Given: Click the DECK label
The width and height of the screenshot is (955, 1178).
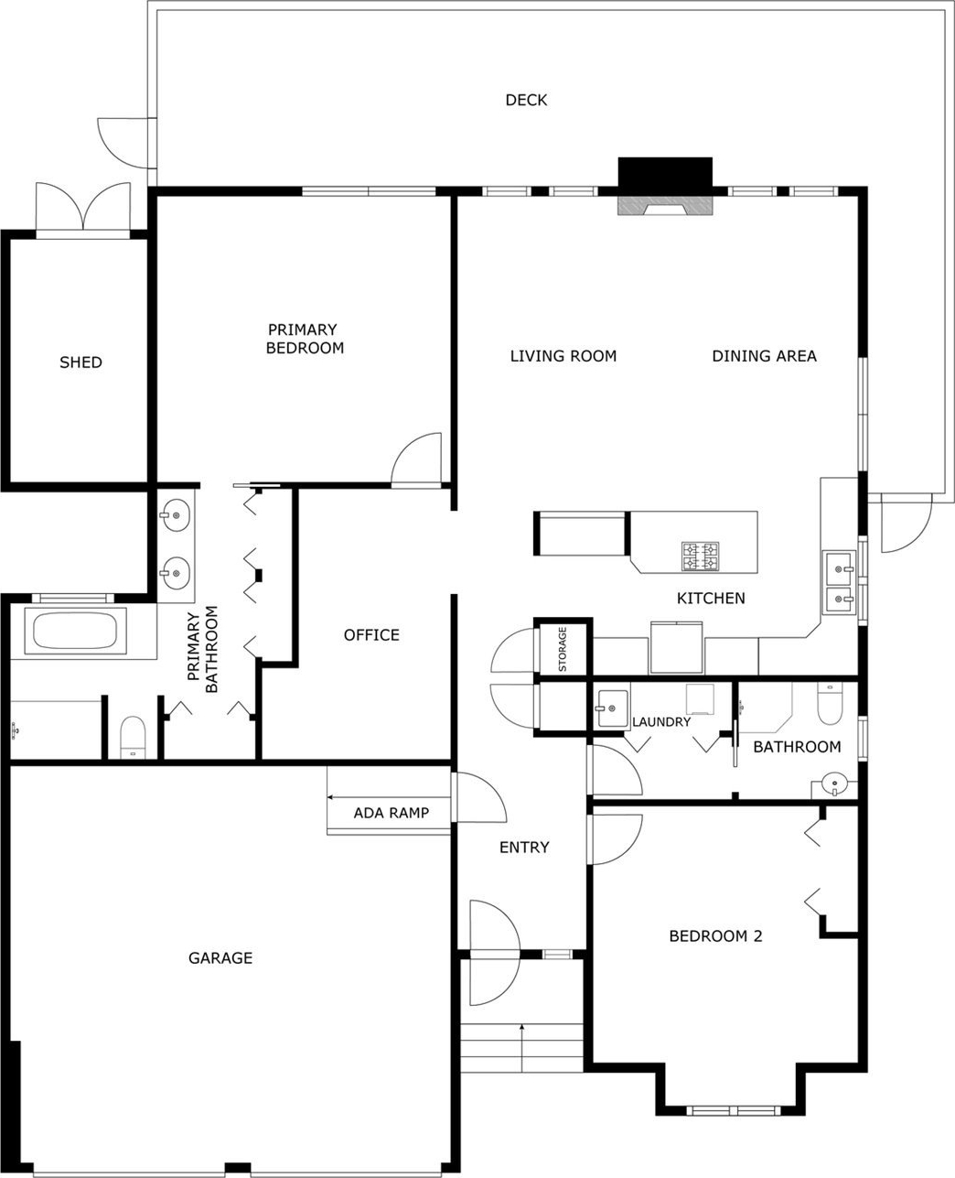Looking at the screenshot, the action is [526, 100].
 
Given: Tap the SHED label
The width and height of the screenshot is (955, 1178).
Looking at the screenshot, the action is [80, 362].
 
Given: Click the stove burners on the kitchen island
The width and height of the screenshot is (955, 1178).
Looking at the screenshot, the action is [700, 556].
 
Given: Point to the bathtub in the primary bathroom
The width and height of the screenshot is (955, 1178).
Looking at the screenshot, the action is [75, 631].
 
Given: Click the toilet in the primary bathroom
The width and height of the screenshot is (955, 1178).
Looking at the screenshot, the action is [133, 737].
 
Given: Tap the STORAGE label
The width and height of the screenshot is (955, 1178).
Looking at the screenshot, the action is [563, 649].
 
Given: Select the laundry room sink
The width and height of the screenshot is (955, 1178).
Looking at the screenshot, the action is [611, 708].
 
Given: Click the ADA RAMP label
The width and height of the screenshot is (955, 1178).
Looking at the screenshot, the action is [392, 813].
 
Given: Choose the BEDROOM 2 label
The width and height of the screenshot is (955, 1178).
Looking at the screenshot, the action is [715, 936].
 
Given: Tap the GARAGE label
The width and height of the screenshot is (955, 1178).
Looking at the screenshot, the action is [220, 958].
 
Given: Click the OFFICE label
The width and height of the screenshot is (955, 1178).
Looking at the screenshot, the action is [371, 635].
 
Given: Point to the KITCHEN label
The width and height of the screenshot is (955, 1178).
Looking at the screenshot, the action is [711, 598].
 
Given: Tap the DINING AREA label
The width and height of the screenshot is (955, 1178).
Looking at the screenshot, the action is [765, 356].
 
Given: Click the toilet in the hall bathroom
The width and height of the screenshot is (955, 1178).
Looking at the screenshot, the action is [830, 704].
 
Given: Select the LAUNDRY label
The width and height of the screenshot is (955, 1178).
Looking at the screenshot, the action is [661, 722].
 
